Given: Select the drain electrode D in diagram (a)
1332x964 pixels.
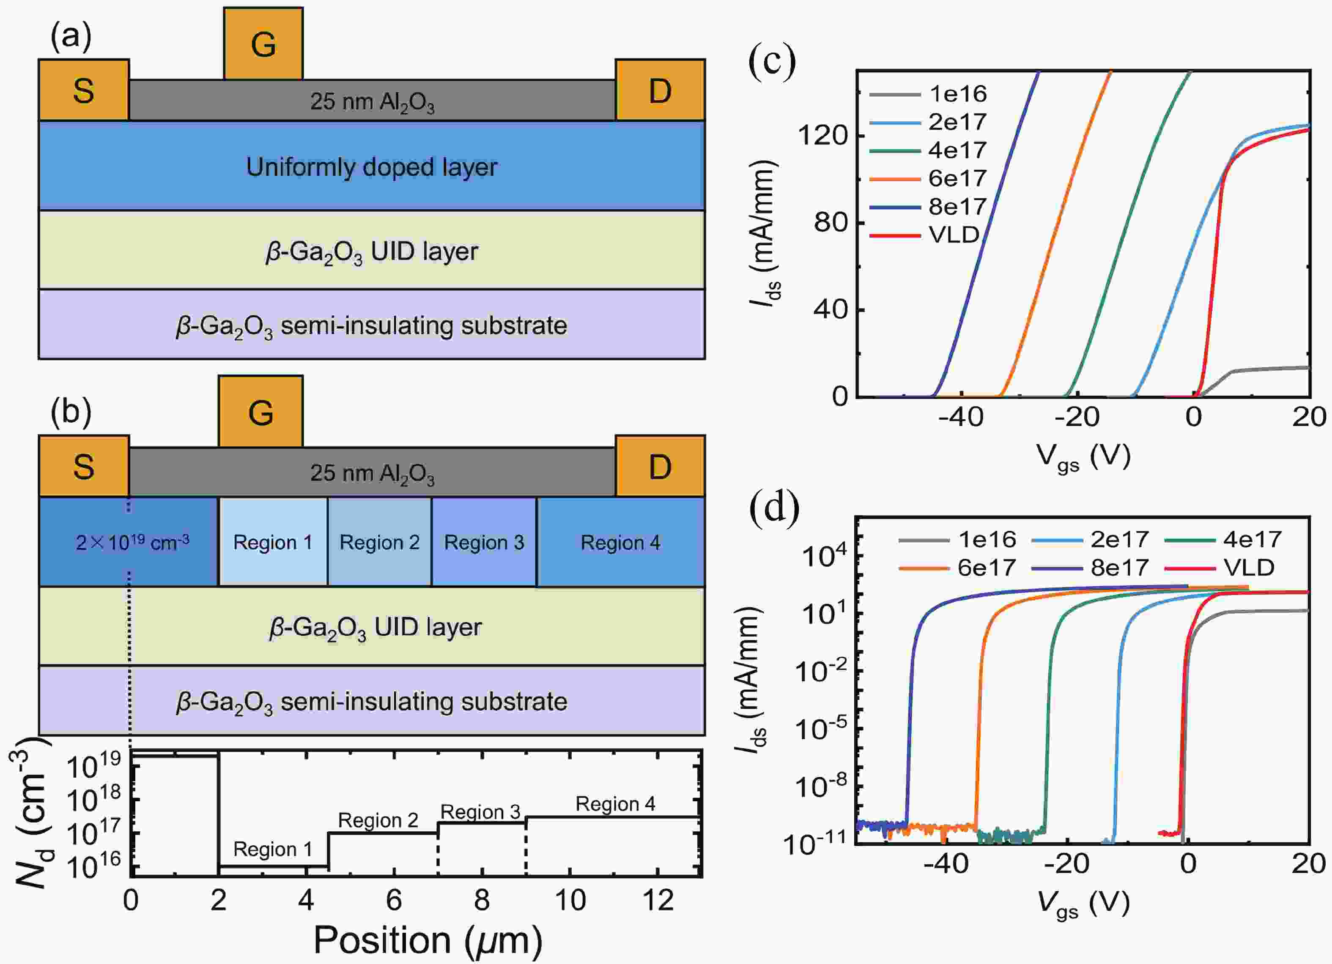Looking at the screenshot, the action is point(660,90).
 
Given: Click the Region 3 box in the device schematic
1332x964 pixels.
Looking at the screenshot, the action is point(484,542).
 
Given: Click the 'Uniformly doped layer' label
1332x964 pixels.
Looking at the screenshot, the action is point(372,167).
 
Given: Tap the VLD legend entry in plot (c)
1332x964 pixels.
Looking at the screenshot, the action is point(924,235).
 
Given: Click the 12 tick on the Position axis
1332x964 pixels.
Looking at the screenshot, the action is point(658,899).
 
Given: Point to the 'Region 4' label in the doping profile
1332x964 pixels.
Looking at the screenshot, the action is point(615,804).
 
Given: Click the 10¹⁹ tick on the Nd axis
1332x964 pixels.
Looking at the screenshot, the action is point(95,764).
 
